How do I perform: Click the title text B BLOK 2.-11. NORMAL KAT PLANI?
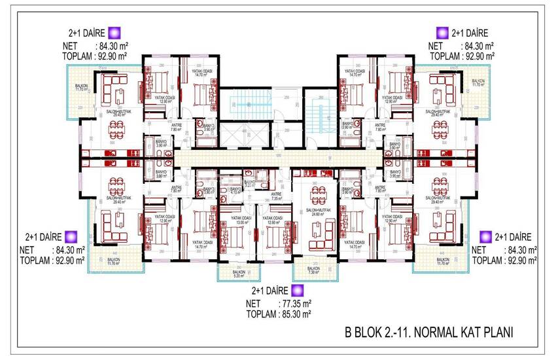point(428,333)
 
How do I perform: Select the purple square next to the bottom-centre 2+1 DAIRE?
point(298,290)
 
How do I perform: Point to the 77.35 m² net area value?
point(296,303)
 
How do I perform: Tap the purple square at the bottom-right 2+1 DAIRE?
point(485,236)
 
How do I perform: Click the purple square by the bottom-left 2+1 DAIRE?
point(71,236)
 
